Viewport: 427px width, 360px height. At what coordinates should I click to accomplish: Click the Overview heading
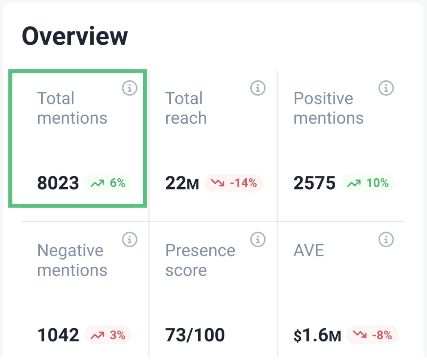tap(75, 36)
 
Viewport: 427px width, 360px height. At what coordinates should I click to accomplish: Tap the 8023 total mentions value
tap(58, 183)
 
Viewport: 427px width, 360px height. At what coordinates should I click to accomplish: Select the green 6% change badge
tap(108, 183)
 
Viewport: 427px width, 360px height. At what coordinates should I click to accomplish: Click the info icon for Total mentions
tap(130, 88)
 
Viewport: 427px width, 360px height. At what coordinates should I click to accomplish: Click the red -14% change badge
tap(234, 183)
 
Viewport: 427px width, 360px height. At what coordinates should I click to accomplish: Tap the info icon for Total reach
tap(258, 88)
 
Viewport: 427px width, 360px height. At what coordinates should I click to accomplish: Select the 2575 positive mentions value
tap(314, 183)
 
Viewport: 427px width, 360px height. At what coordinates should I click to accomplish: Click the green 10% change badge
tap(368, 183)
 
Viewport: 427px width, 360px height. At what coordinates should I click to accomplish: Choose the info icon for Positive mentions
tap(386, 88)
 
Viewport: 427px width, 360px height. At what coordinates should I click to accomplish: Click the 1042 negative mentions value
tap(58, 335)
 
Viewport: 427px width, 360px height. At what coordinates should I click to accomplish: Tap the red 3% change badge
tap(108, 335)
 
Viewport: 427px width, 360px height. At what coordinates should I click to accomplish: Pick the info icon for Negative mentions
tap(130, 239)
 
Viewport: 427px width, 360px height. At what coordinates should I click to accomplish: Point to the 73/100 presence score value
tap(195, 335)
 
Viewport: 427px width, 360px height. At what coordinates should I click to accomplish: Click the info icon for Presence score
tap(258, 239)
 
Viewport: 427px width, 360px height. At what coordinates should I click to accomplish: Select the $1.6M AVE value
tap(317, 336)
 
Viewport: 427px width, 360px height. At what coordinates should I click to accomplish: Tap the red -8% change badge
tap(372, 335)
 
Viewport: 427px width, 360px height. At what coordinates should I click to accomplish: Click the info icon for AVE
tap(386, 239)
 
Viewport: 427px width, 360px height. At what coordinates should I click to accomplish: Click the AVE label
tap(309, 251)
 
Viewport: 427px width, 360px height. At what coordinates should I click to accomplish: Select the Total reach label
tap(186, 108)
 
